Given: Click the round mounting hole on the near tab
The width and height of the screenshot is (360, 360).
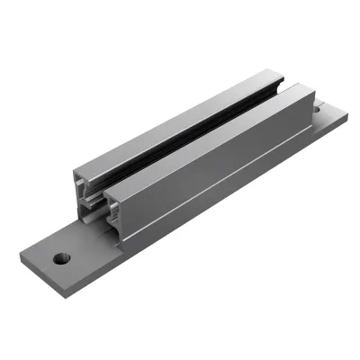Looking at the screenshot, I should point(60,257).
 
